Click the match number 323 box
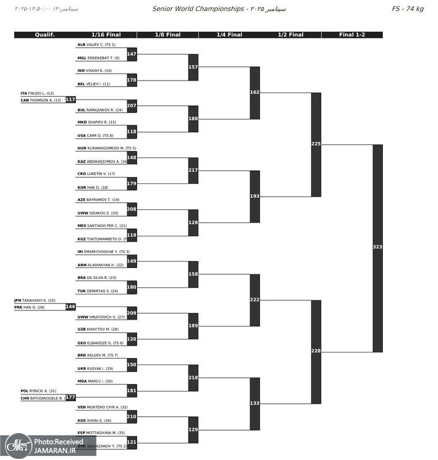(x=377, y=247)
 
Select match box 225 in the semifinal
(x=316, y=144)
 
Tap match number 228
(x=316, y=351)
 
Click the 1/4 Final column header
(x=229, y=35)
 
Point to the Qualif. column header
(x=44, y=35)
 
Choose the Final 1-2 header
(x=352, y=35)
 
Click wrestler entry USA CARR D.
(x=95, y=136)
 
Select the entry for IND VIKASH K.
(x=95, y=71)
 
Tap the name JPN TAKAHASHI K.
(x=35, y=300)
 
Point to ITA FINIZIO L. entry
(x=37, y=93)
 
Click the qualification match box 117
(x=70, y=99)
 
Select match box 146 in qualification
(x=70, y=307)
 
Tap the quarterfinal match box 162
(x=255, y=93)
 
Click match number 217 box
(x=193, y=170)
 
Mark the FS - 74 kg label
(x=408, y=9)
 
